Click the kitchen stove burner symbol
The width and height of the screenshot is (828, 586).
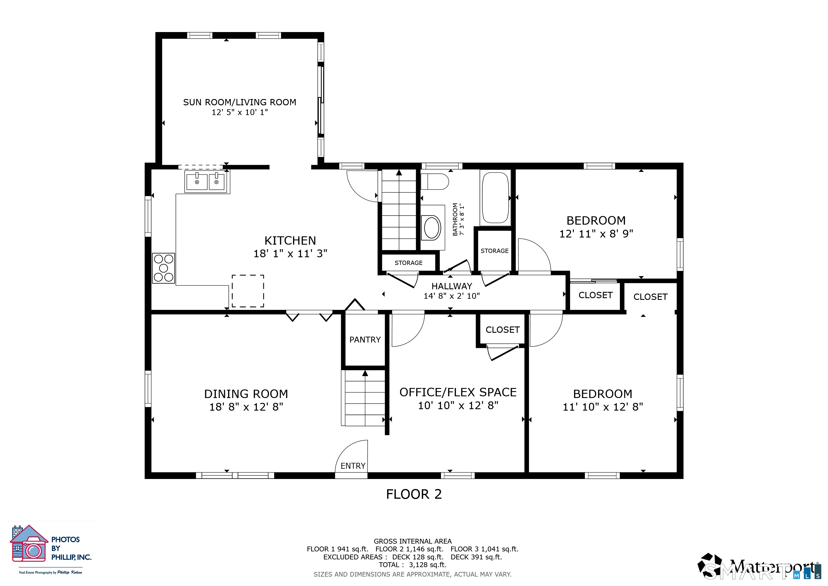pos(163,268)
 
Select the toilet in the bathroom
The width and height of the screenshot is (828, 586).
pos(434,181)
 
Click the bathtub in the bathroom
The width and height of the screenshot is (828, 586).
pos(495,197)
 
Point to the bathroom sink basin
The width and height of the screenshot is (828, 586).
pos(432,228)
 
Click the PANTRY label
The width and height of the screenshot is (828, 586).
pos(365,340)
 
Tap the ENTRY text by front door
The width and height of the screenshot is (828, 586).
pos(353,466)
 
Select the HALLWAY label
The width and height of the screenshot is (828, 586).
pos(451,286)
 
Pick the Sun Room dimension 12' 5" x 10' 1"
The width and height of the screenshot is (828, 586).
pos(240,112)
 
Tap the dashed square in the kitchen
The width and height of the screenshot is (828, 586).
pos(248,291)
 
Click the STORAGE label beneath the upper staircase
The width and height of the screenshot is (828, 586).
pos(408,263)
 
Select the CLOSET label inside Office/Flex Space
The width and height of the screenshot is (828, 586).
pos(502,330)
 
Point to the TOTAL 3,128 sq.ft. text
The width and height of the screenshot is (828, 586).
pos(412,565)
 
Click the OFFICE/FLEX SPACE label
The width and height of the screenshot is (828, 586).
pos(458,392)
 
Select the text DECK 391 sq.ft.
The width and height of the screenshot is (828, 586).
pos(476,557)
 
